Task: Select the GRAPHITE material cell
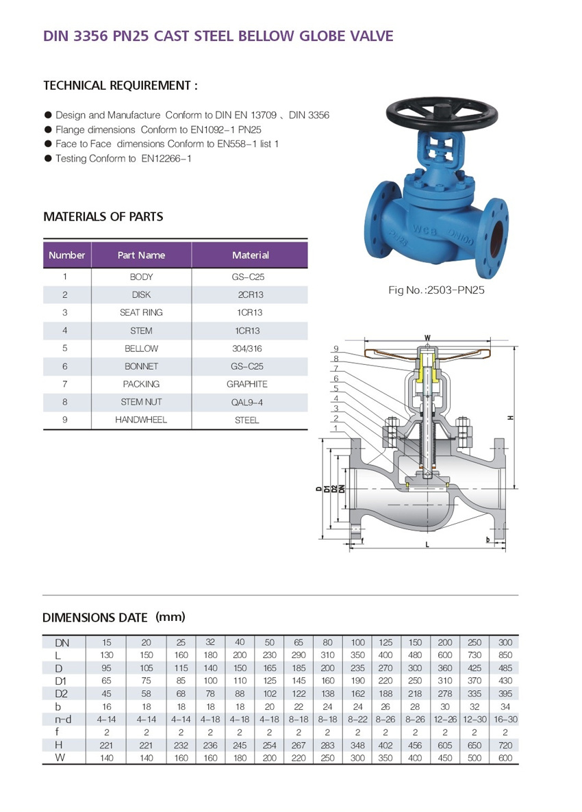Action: [246, 384]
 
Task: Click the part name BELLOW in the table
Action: [141, 348]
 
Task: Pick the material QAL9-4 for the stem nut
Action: [246, 402]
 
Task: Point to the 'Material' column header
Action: [250, 255]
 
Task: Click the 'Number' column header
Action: [67, 255]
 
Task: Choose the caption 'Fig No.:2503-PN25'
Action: [436, 290]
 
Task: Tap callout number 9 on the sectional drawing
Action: [337, 348]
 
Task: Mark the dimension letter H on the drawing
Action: [511, 418]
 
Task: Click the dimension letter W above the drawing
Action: [427, 338]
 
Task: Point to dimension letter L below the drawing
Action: [427, 545]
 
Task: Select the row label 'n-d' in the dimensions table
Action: [63, 718]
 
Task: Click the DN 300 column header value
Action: [505, 642]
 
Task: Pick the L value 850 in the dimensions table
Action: [505, 655]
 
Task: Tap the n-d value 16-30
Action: [505, 718]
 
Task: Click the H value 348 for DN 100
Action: [358, 744]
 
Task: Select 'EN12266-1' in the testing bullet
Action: [166, 158]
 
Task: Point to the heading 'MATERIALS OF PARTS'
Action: [103, 216]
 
